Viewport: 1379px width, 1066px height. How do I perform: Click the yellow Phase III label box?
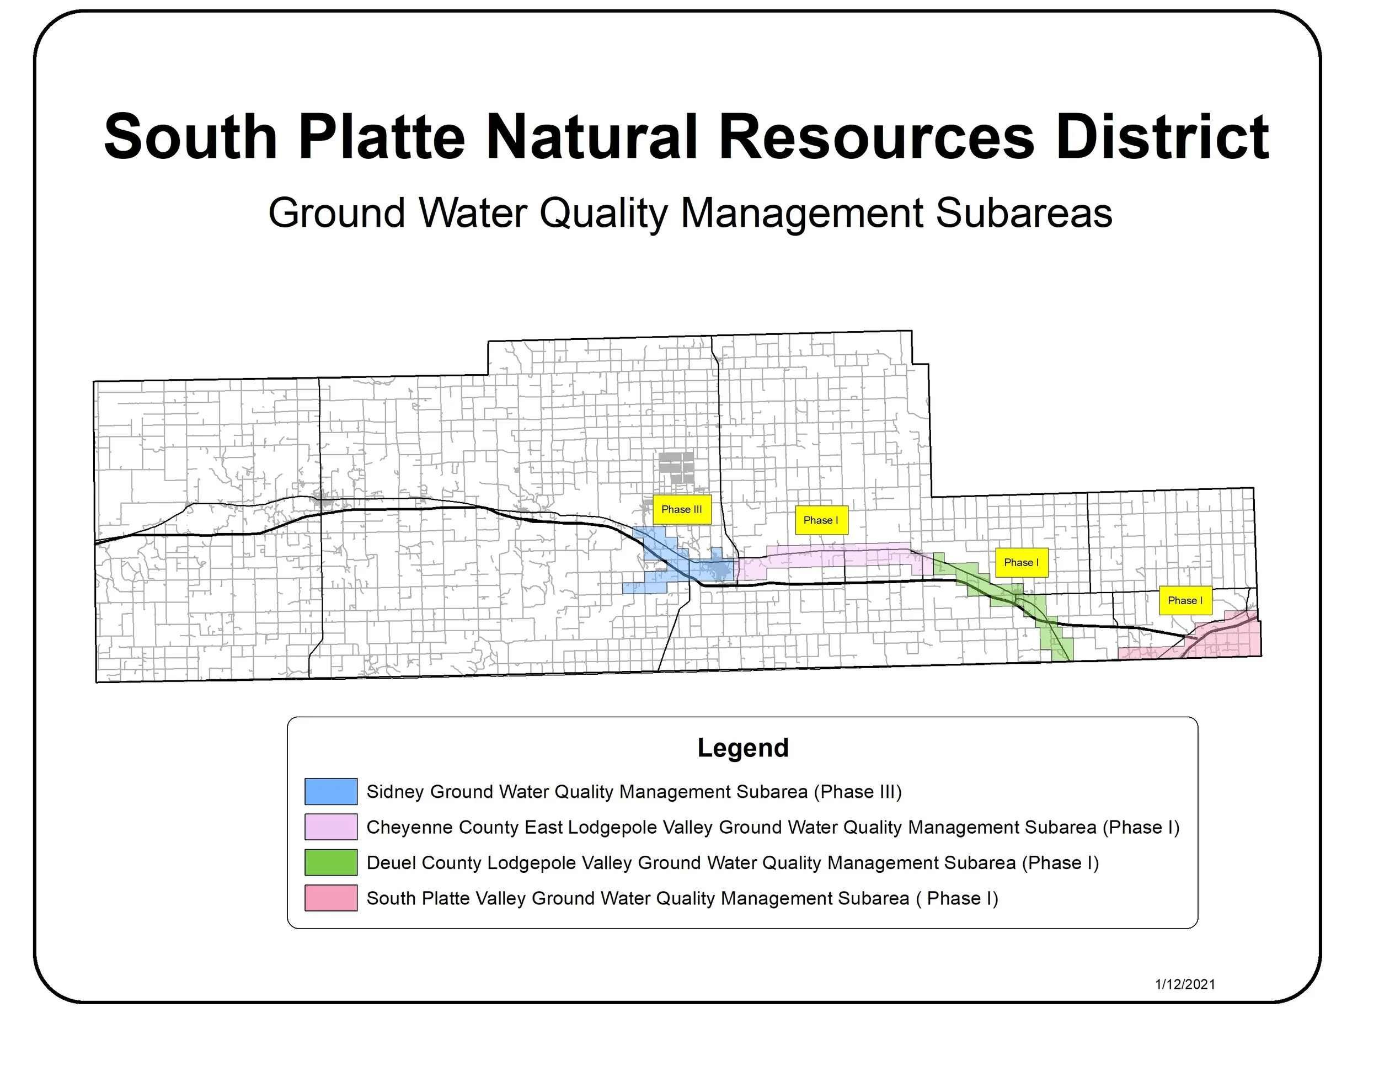tap(682, 510)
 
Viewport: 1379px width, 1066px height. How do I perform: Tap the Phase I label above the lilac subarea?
tap(821, 520)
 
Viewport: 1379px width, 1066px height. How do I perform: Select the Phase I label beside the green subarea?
tap(1021, 563)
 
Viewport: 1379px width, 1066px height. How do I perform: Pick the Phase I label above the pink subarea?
tap(1185, 600)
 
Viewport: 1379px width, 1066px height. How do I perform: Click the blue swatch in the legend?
tap(331, 791)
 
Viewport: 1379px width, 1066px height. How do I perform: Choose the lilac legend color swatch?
tap(331, 827)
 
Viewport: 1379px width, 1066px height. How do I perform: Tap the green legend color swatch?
tap(331, 862)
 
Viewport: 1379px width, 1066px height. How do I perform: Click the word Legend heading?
tap(742, 748)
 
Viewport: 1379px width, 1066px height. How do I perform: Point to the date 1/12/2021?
tap(1185, 984)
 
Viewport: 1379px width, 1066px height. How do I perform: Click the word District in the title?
tap(1162, 137)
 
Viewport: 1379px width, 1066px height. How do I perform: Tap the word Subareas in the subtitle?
tap(1024, 213)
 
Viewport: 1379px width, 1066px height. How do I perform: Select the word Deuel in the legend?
tap(392, 862)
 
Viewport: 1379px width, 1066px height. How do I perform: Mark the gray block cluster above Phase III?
tap(676, 467)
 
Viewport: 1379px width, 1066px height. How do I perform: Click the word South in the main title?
tap(190, 137)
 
